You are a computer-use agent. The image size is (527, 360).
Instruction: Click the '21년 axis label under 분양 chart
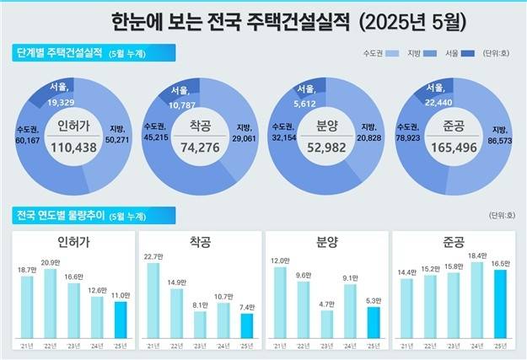[x=279, y=347]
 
